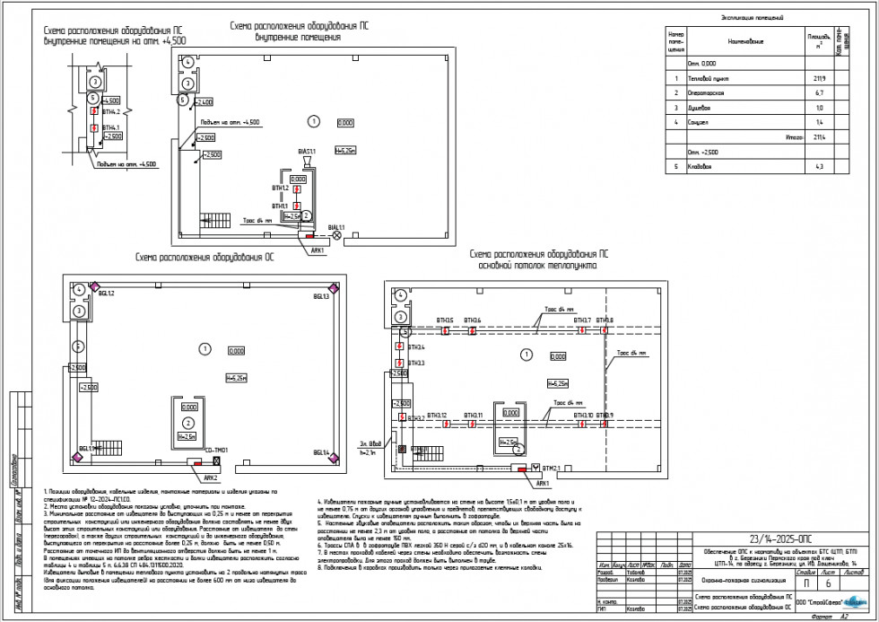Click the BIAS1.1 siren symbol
[x=307, y=162]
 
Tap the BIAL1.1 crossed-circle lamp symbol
[x=337, y=236]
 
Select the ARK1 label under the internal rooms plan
[x=316, y=250]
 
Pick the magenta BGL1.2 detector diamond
[x=81, y=288]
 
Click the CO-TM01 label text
[x=217, y=450]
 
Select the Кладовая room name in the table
[x=701, y=167]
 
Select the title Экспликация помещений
[x=752, y=17]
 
